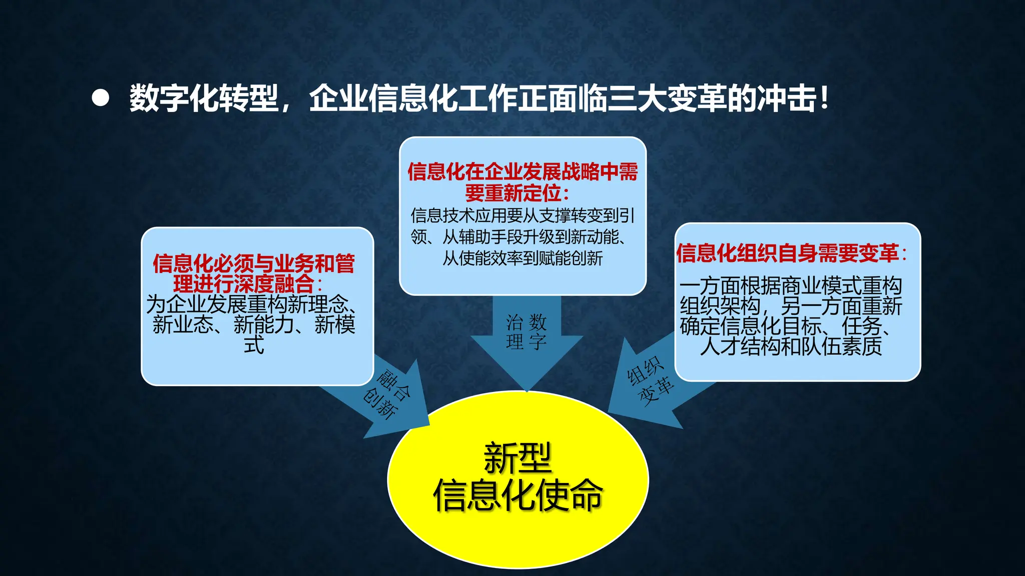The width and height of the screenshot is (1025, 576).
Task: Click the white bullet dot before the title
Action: [101, 98]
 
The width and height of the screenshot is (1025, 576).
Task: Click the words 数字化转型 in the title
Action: [204, 98]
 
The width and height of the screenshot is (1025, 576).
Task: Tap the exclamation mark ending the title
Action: [824, 98]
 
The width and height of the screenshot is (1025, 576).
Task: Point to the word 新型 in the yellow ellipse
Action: [518, 458]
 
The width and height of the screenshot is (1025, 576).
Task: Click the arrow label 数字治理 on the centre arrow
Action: [527, 332]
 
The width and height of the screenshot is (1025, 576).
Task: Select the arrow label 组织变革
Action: [650, 380]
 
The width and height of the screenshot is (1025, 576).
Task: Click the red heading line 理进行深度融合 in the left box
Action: [244, 284]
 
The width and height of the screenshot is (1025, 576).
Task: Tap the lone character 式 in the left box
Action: [254, 345]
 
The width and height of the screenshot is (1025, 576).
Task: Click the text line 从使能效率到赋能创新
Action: [523, 258]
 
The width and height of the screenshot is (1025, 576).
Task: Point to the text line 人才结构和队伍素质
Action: [791, 346]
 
